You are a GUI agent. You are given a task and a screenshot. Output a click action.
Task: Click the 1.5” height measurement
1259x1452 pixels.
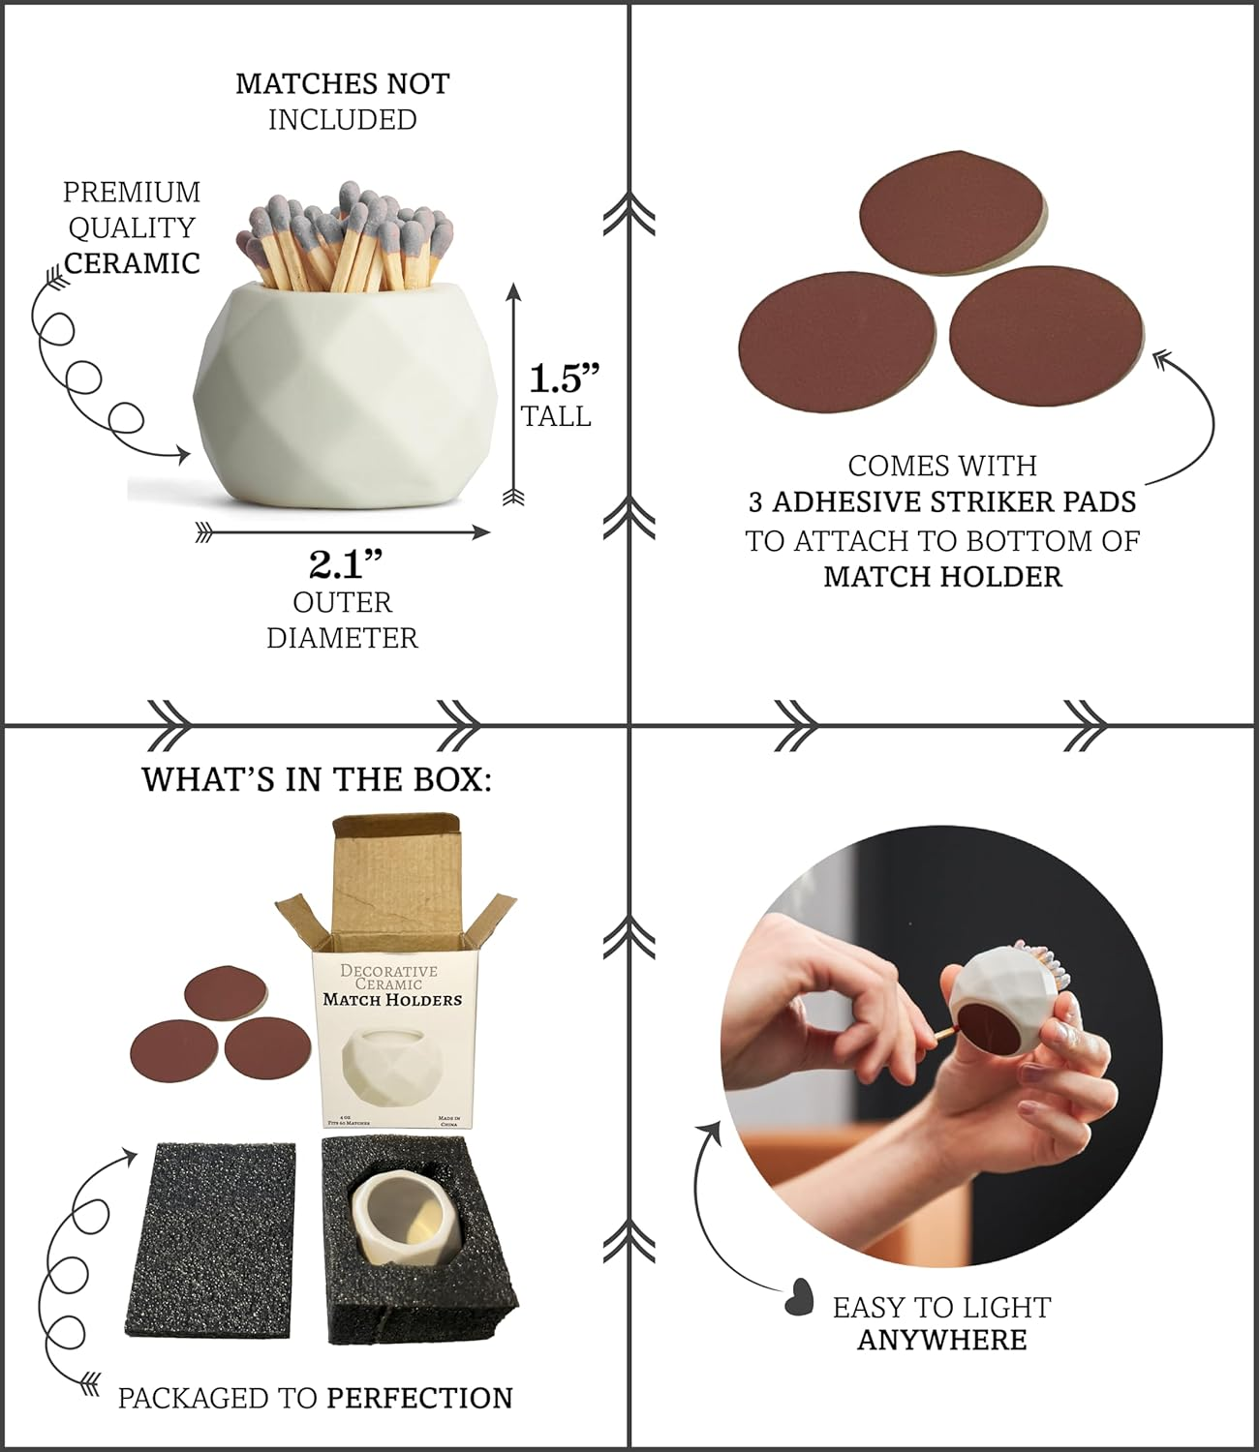564,378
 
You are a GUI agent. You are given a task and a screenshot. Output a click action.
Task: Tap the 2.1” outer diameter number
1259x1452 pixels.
345,563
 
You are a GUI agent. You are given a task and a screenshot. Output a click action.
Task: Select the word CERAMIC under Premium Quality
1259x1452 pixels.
132,262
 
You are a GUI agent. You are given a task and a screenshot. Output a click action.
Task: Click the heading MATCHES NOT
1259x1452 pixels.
342,83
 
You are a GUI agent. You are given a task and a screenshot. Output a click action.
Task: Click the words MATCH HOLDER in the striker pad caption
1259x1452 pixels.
942,577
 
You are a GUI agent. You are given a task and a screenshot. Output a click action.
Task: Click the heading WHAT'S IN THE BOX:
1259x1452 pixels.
317,779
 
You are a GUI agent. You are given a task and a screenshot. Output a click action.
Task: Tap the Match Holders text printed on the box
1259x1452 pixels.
391,999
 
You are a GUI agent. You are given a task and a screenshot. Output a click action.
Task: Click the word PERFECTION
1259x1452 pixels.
419,1398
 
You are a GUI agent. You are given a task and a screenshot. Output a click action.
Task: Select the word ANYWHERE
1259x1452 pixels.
941,1341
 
